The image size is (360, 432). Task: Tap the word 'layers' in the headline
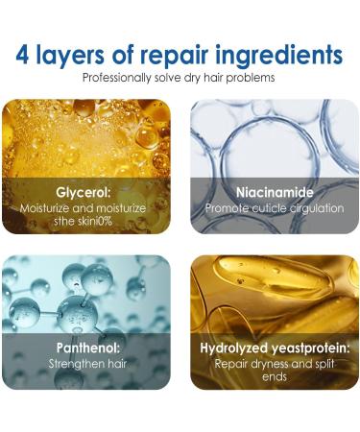81,52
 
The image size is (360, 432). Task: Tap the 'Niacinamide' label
274,191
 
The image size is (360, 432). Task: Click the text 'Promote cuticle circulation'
274,207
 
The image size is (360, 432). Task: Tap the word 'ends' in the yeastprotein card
274,377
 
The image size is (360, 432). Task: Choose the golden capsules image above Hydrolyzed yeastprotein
274,293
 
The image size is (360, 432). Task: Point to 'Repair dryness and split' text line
274,364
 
